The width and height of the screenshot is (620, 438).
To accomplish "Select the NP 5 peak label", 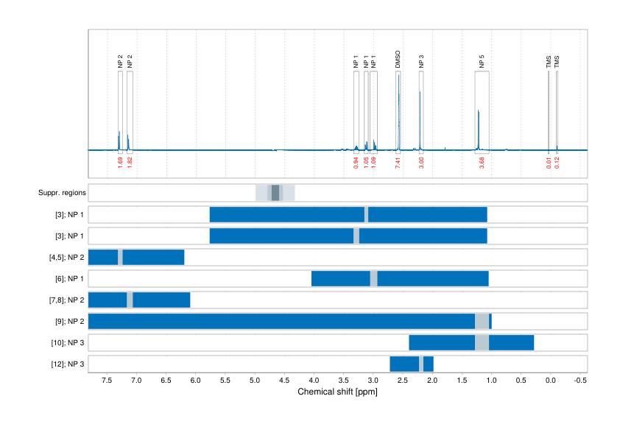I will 482,60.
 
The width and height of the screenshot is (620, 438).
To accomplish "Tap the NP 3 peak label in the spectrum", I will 421,60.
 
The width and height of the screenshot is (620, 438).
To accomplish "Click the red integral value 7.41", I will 398,163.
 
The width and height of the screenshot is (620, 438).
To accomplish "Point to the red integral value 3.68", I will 482,163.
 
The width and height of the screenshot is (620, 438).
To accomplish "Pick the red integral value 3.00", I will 421,163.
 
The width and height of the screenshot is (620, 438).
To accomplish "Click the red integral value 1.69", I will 120,163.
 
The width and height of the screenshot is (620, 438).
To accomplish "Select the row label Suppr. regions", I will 62,193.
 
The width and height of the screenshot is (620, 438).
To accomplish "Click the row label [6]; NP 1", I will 67,278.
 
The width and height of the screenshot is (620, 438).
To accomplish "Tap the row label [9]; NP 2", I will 67,321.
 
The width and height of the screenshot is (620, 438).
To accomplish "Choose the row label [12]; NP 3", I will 66,364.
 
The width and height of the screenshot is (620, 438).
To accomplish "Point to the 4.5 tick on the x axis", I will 284,381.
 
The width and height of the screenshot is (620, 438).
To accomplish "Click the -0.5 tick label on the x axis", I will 580,381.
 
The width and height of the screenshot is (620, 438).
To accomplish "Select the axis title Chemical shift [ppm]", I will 337,392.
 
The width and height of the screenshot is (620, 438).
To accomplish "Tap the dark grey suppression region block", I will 275,193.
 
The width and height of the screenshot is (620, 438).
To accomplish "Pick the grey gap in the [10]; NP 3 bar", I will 482,342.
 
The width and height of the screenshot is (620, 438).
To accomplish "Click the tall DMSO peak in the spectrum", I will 398,110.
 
